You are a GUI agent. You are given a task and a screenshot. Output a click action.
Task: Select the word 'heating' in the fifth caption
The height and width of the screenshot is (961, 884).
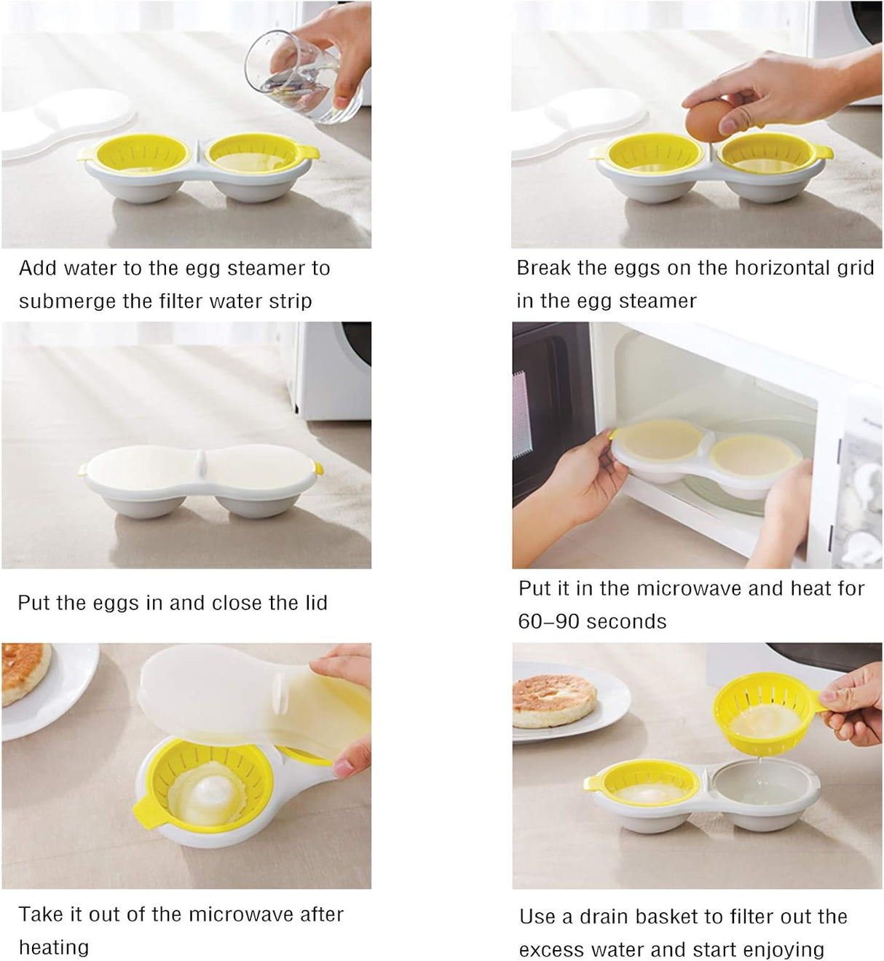[54, 947]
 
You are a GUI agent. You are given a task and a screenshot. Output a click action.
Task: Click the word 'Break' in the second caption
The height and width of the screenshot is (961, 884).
[543, 268]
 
